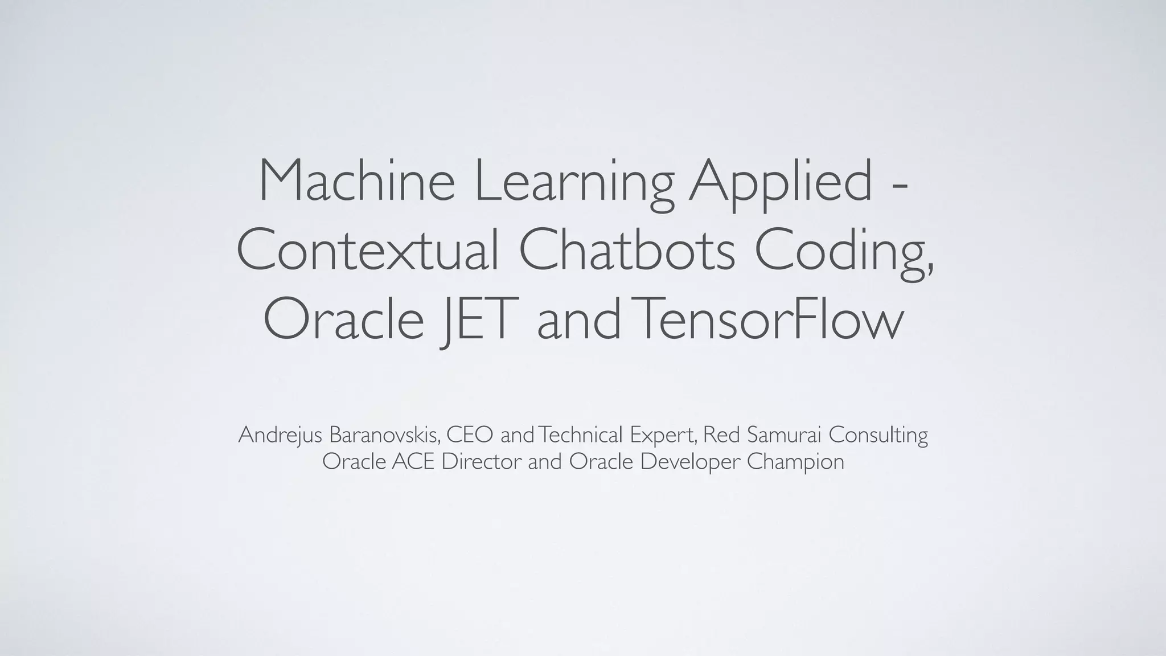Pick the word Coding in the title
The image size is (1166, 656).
[843, 254]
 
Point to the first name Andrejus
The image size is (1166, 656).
[281, 436]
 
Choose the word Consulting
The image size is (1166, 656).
[878, 436]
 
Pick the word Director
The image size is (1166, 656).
[481, 462]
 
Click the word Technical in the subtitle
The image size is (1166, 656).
[581, 435]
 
